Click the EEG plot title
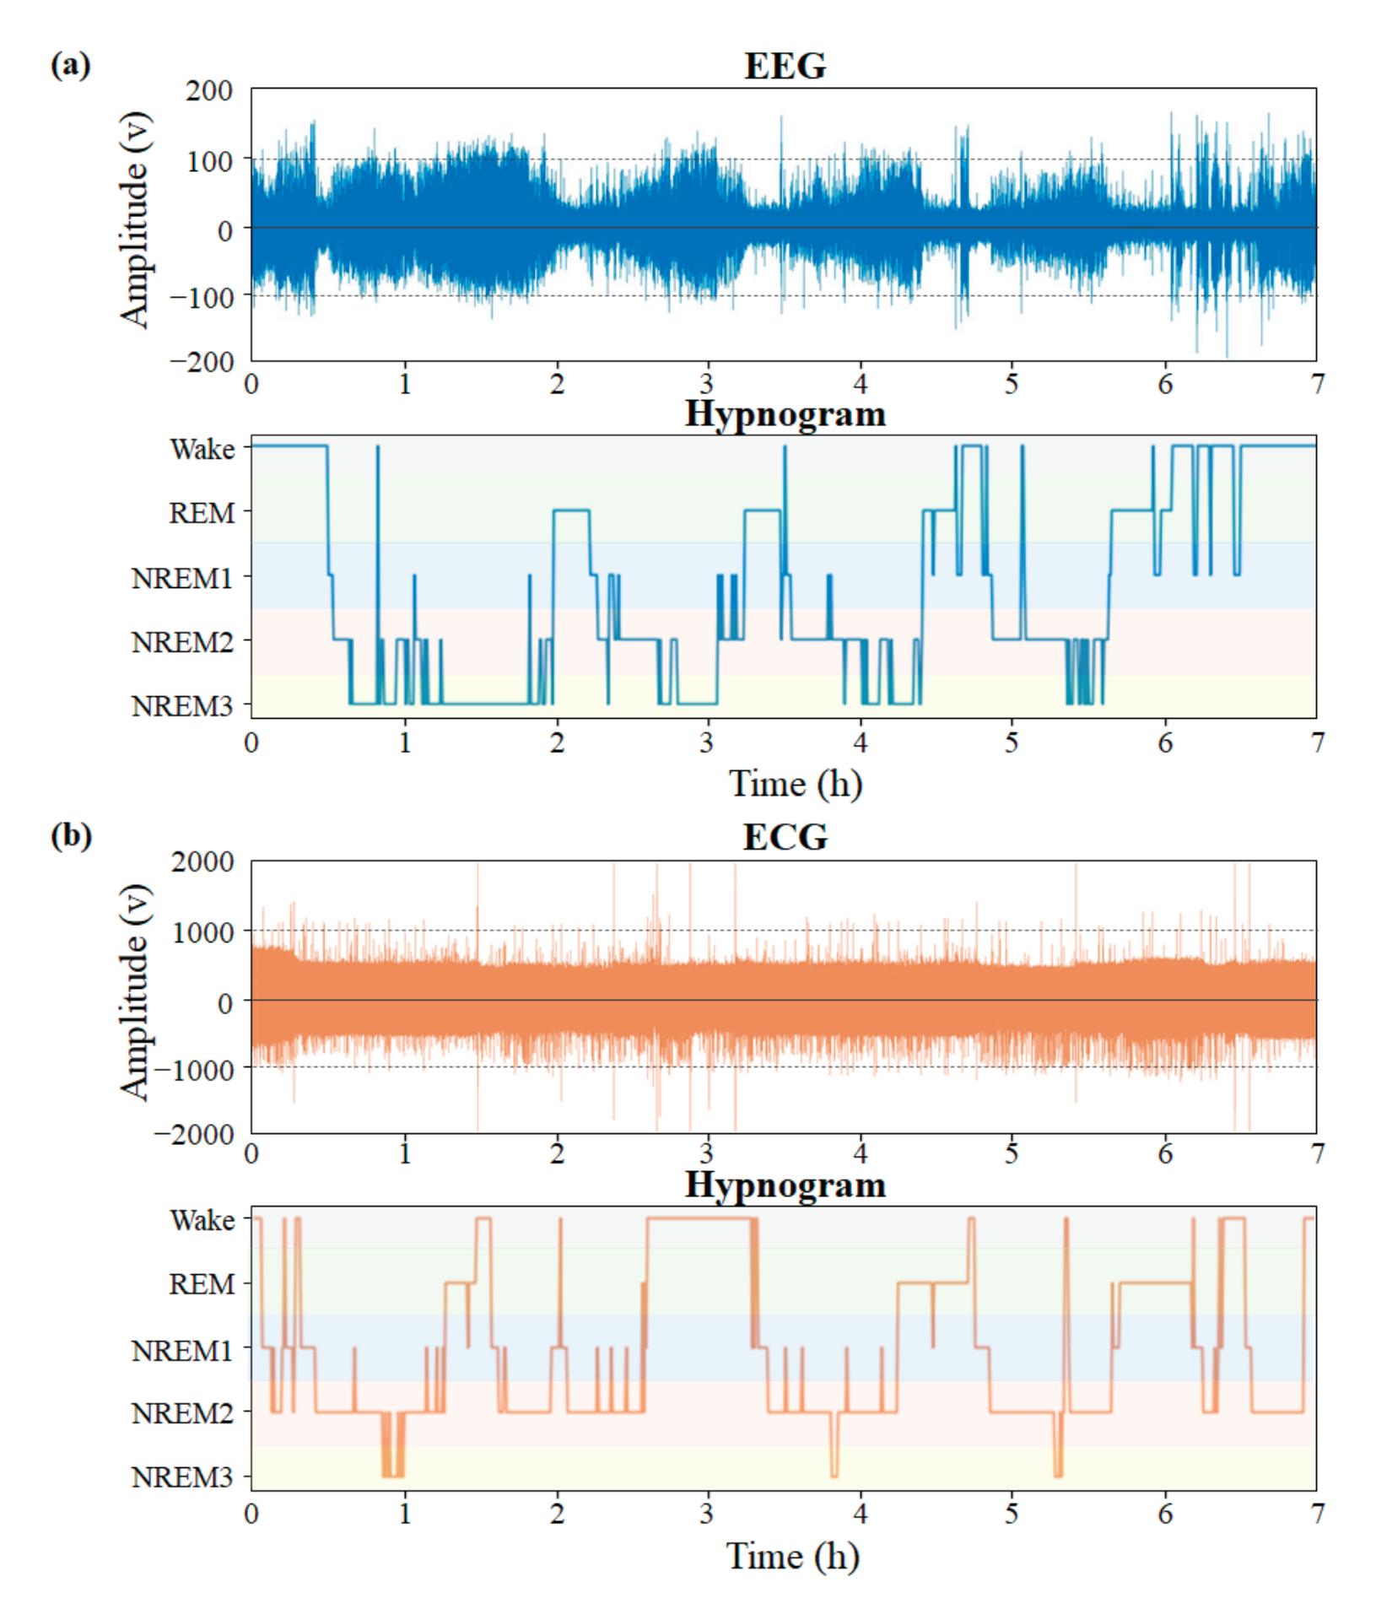tap(785, 66)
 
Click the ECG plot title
tap(785, 837)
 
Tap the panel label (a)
tap(71, 65)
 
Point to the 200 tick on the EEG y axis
tap(209, 89)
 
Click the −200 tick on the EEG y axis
tap(202, 361)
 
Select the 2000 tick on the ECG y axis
tap(202, 861)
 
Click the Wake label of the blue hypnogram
tap(202, 450)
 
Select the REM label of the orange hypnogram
tap(202, 1285)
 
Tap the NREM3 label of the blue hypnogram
tap(182, 706)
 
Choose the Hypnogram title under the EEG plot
tap(785, 414)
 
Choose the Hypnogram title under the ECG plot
tap(785, 1185)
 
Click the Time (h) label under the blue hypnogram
tap(795, 784)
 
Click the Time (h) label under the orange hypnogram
tap(793, 1555)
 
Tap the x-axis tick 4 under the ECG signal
tap(861, 1154)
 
